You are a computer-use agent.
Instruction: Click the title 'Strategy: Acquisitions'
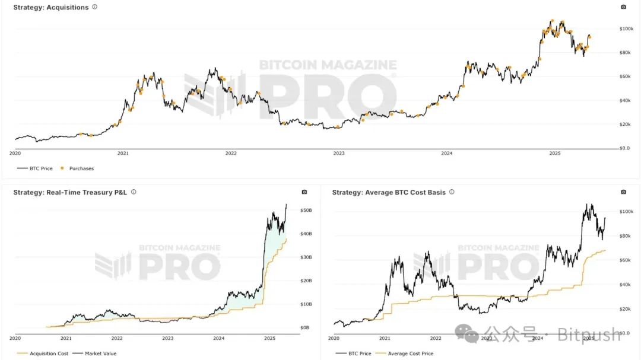51,7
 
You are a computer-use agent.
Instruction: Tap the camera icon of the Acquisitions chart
623,7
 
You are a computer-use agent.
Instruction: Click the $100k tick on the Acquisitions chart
626,28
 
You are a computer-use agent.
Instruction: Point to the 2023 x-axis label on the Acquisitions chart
338,153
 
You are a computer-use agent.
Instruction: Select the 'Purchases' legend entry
81,168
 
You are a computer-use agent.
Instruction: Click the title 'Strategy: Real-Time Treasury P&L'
70,192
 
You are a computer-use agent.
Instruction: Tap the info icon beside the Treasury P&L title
134,192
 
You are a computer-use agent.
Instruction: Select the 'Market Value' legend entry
100,353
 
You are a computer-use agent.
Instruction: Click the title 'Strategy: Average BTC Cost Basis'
389,192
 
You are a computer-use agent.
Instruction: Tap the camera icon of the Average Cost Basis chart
623,192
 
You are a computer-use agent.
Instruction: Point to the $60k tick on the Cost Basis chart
626,260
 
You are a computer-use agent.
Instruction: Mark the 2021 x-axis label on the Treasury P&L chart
66,338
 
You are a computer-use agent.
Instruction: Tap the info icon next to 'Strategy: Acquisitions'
95,7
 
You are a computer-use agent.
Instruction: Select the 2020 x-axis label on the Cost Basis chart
334,338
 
